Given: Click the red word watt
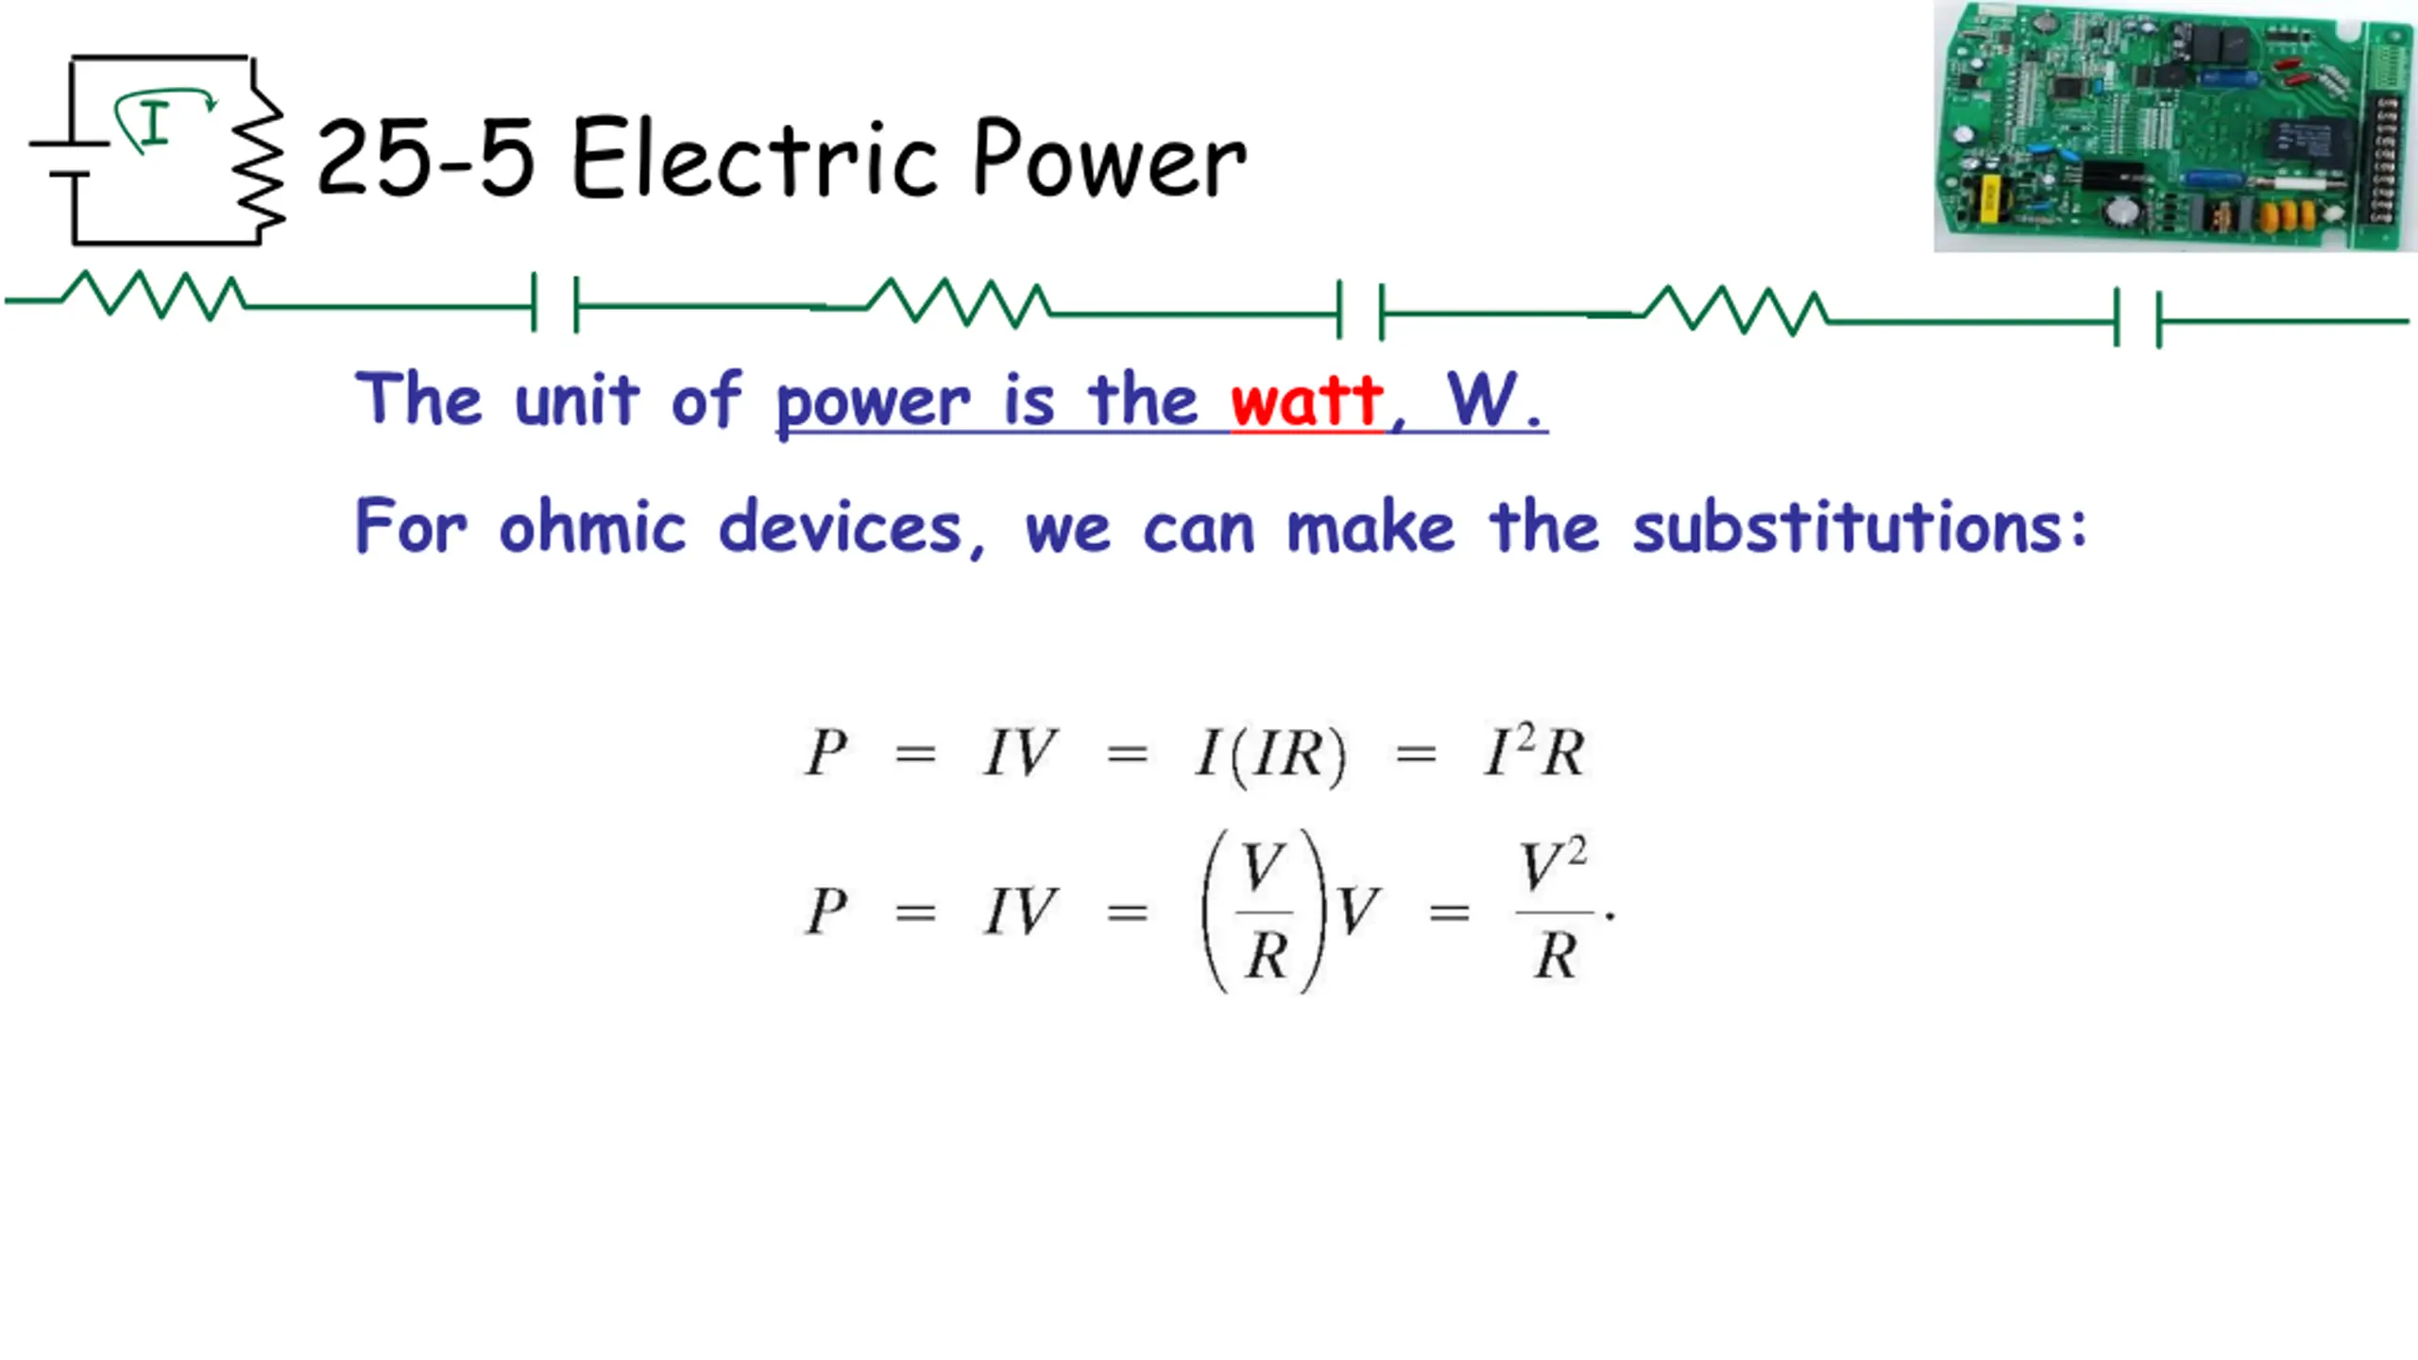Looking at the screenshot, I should click(1306, 401).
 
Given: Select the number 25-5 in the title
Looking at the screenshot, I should click(425, 161).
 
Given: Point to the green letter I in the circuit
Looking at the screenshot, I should click(154, 123).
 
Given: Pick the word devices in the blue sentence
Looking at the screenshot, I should click(841, 527).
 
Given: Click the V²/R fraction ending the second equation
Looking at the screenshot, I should click(1554, 909).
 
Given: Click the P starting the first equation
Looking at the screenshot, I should click(826, 753).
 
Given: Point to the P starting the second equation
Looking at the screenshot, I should click(826, 911).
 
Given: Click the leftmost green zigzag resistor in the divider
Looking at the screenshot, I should click(154, 295).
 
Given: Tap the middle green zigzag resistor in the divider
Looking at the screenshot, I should click(958, 302).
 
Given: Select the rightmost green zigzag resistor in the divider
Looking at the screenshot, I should click(1736, 311).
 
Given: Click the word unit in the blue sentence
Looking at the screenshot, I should click(576, 401).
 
